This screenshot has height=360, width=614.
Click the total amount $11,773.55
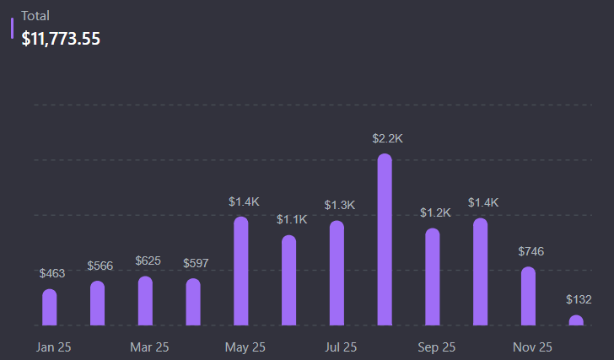coord(61,38)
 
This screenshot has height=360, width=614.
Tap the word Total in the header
coord(35,15)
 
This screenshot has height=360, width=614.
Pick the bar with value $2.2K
coord(385,239)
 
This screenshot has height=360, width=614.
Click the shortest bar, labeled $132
coord(576,320)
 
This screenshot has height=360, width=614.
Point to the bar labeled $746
coord(528,296)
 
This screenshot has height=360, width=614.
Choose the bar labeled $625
coord(145,301)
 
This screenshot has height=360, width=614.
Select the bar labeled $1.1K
coord(289,280)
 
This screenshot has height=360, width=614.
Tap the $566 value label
coord(100,266)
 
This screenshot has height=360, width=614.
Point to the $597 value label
coord(196,264)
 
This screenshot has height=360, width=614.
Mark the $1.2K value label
coord(435,213)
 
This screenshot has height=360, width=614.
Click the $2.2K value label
coord(388,138)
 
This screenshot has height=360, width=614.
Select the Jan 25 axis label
coord(53,347)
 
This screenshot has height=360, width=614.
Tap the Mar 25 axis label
coord(149,347)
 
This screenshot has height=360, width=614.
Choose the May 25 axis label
coord(245,347)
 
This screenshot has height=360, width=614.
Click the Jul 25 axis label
coord(341,347)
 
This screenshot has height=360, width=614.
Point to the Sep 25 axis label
coord(436,347)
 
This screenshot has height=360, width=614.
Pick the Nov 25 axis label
coord(532,347)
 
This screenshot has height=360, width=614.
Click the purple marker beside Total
coord(12,28)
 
